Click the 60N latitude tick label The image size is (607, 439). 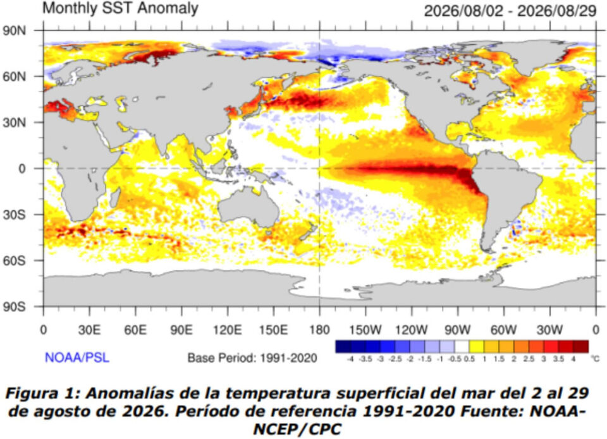click(15, 76)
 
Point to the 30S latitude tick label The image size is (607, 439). click(15, 215)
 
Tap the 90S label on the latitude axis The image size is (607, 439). click(15, 307)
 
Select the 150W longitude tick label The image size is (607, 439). click(365, 330)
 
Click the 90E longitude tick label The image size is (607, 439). click(181, 330)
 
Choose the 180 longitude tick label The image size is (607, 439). click(319, 330)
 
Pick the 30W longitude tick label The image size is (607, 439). click(549, 330)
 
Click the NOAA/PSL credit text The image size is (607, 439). click(77, 358)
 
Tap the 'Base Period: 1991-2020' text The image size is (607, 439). click(252, 358)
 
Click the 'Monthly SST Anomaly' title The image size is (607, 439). click(120, 8)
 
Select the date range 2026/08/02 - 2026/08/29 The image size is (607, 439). click(510, 11)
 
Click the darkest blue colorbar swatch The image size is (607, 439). click(343, 347)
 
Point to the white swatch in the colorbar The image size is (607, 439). click(462, 347)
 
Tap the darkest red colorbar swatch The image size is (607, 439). click(580, 347)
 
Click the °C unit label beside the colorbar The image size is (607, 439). click(596, 359)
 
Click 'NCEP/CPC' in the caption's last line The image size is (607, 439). click(297, 430)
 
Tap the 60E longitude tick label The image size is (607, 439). click(135, 330)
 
